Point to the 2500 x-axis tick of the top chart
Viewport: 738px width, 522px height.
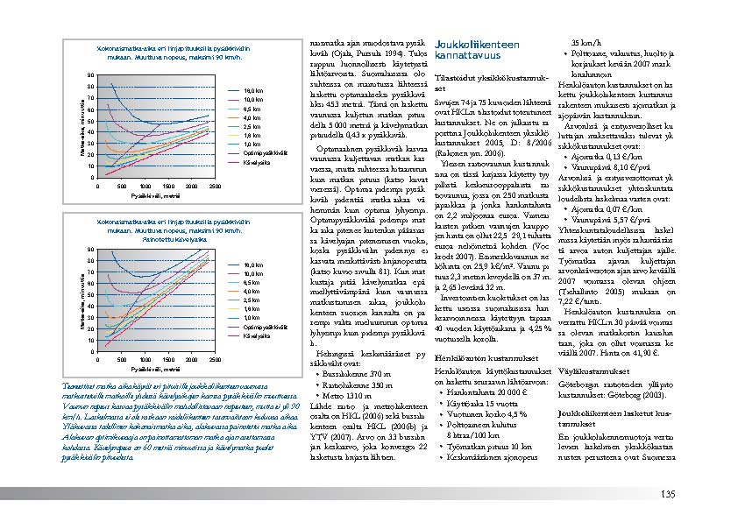tap(216, 187)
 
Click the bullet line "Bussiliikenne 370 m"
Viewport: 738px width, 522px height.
tap(355, 373)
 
